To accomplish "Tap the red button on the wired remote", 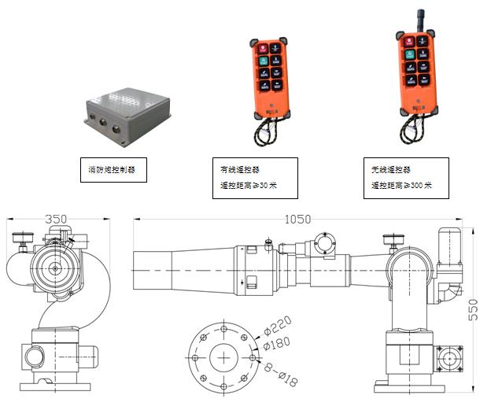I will [x=261, y=46].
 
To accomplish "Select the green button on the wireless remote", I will [x=409, y=54].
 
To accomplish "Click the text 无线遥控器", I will [x=391, y=169].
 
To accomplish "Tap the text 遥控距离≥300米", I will [x=402, y=187].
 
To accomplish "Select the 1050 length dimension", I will [x=298, y=220].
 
